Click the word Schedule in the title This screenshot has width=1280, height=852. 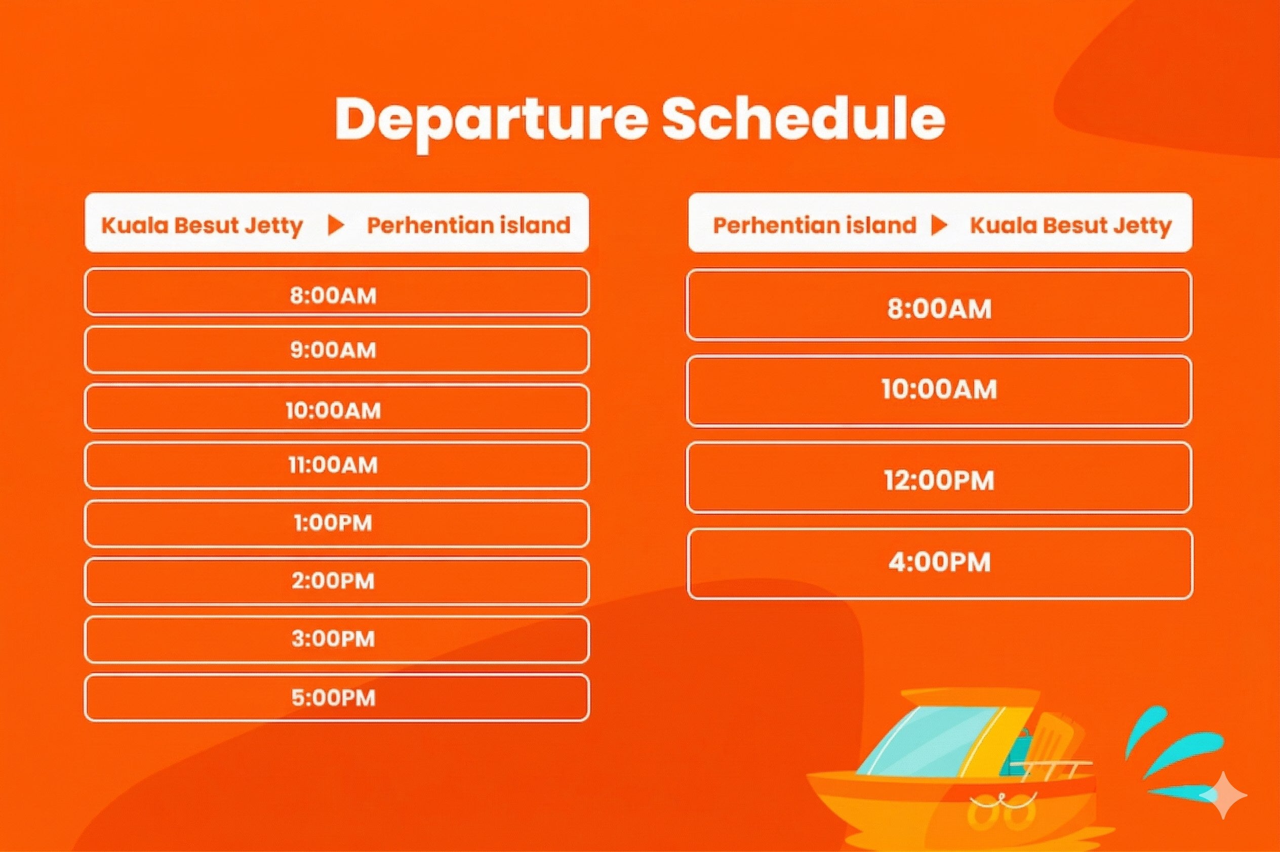pyautogui.click(x=803, y=119)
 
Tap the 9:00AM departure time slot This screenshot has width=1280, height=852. pyautogui.click(x=337, y=350)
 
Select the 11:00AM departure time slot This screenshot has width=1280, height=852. pyautogui.click(x=337, y=465)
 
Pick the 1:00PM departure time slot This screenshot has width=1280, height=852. pyautogui.click(x=337, y=523)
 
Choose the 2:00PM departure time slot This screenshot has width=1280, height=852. pyautogui.click(x=337, y=581)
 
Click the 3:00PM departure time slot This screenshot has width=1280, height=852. pyautogui.click(x=337, y=639)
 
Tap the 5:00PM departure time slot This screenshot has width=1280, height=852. pyautogui.click(x=337, y=698)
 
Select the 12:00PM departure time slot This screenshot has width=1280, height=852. pyautogui.click(x=939, y=478)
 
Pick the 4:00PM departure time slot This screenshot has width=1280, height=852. pyautogui.click(x=939, y=564)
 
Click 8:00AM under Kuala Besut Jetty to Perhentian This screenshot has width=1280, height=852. pyautogui.click(x=337, y=292)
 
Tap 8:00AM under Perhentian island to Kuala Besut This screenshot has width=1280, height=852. pyautogui.click(x=939, y=306)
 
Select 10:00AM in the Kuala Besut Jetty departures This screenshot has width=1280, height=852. pyautogui.click(x=337, y=407)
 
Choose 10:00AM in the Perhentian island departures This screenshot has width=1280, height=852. pyautogui.click(x=939, y=391)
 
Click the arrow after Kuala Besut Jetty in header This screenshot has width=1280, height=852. pyautogui.click(x=336, y=225)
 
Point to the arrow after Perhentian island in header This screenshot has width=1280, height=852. pyautogui.click(x=939, y=225)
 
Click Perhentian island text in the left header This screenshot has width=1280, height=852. pyautogui.click(x=469, y=225)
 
